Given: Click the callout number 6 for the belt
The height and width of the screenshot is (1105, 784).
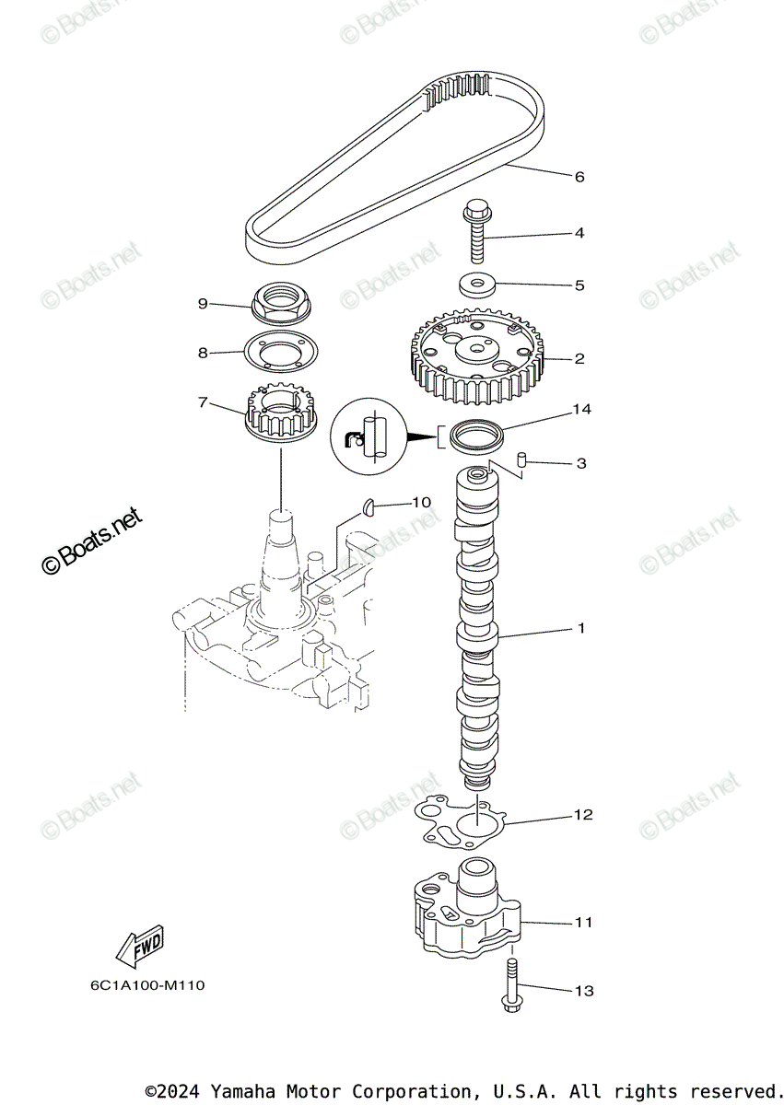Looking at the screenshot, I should point(579,177).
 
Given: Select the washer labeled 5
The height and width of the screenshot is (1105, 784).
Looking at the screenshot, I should point(476,284).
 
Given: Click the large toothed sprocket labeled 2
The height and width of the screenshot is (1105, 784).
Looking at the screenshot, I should point(475,359).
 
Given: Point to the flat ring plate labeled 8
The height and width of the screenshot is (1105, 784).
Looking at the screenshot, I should point(279,352).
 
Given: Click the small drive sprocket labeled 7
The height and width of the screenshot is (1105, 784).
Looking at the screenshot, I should point(279,415).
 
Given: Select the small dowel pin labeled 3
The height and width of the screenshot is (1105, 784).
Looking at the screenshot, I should point(521,459).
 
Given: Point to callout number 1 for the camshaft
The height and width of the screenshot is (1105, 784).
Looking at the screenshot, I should point(581,629).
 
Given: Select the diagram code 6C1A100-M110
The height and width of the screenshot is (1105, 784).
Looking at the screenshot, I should point(147,986).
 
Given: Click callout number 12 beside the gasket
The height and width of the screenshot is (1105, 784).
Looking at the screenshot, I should point(583,815).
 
